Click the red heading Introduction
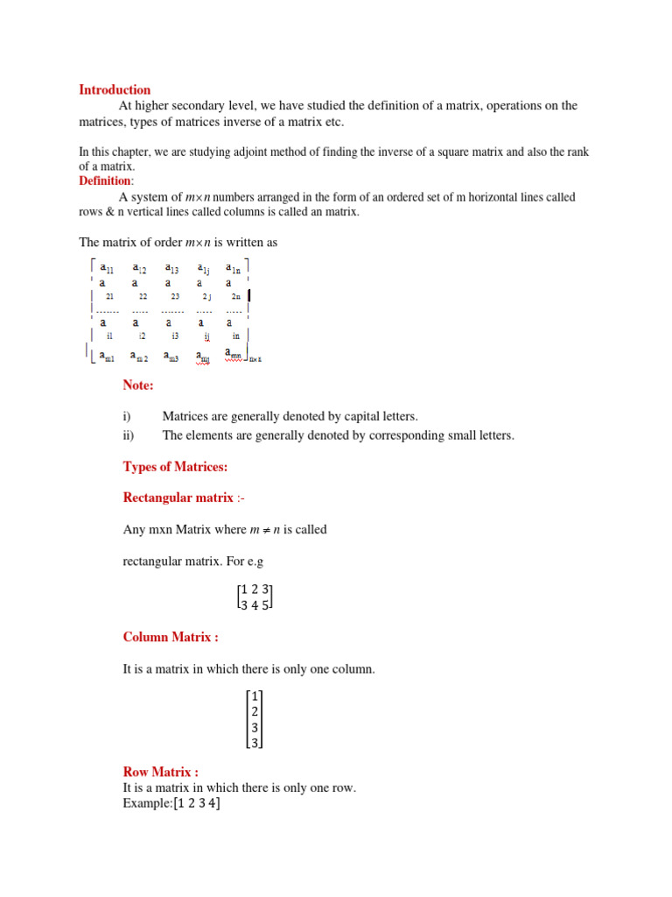[115, 89]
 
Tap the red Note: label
[138, 385]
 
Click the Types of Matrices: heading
[175, 467]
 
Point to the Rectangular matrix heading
[178, 498]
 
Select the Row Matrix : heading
[161, 772]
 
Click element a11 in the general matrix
[106, 268]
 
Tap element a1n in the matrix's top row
[234, 268]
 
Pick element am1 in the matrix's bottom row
[106, 356]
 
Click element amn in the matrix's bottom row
[234, 355]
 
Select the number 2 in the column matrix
[255, 711]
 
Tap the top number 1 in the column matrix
[255, 696]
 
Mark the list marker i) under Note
[129, 417]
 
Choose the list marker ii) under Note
[129, 435]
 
